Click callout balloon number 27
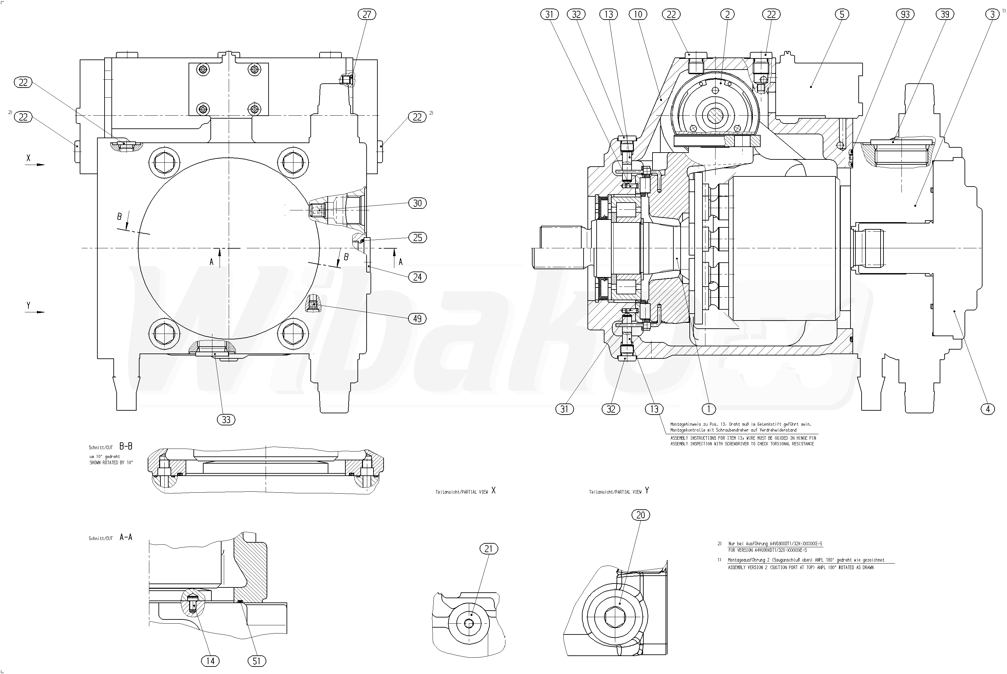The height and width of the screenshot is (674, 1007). (367, 14)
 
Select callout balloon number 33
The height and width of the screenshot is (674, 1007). (226, 419)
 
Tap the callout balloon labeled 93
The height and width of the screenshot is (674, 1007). (905, 14)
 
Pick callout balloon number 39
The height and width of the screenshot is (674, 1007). (945, 14)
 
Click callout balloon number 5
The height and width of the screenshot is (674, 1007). (842, 14)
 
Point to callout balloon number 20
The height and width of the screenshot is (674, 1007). (640, 515)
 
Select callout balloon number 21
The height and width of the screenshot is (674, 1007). (488, 549)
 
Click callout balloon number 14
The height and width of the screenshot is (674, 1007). (210, 661)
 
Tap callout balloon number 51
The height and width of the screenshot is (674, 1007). (256, 661)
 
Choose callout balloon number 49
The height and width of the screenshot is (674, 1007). (417, 319)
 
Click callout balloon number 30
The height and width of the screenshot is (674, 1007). (417, 203)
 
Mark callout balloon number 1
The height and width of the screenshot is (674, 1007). (708, 409)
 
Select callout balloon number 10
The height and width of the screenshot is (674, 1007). (638, 14)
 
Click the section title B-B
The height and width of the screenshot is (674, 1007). (125, 447)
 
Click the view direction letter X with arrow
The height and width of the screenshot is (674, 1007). (29, 158)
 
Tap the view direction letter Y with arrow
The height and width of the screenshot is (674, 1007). (29, 305)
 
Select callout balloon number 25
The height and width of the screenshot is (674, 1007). (417, 237)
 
